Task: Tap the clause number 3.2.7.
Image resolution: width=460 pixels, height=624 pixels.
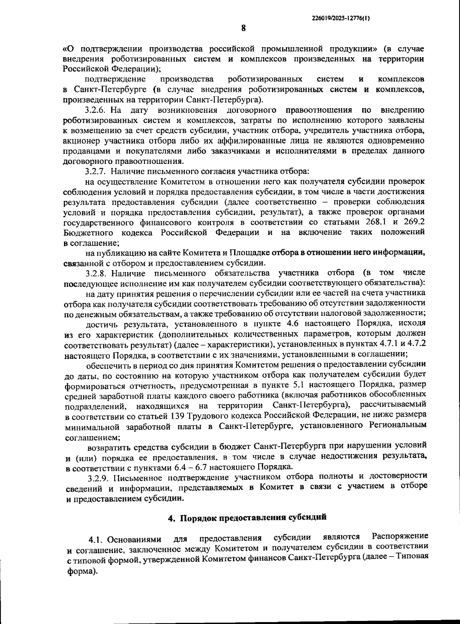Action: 95,171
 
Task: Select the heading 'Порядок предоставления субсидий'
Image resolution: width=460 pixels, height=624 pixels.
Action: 253,517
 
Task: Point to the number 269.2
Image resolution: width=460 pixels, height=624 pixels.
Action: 416,222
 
